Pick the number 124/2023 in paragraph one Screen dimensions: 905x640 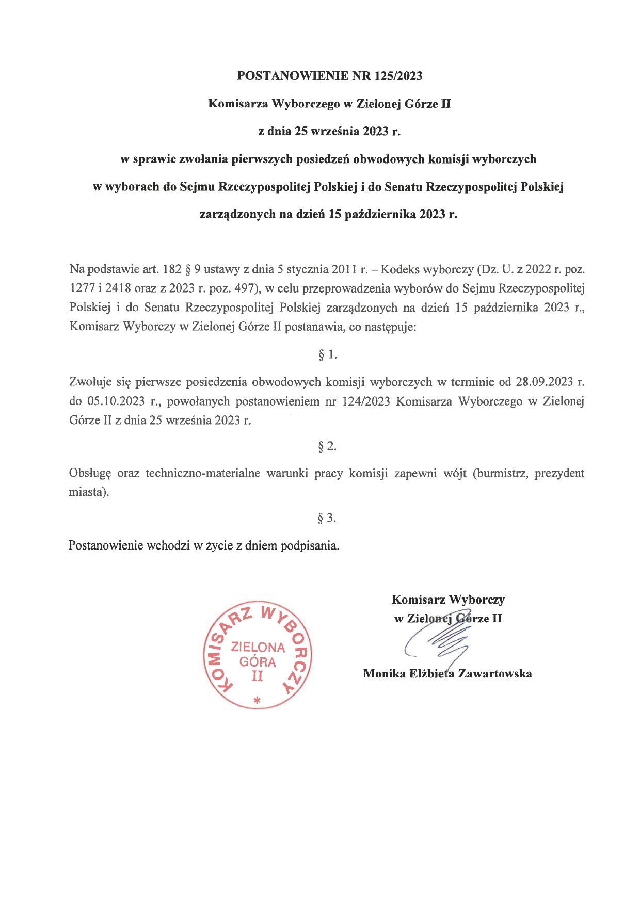click(365, 401)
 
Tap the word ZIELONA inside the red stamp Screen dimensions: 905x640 click(258, 647)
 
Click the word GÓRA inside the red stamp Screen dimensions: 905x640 click(258, 661)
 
